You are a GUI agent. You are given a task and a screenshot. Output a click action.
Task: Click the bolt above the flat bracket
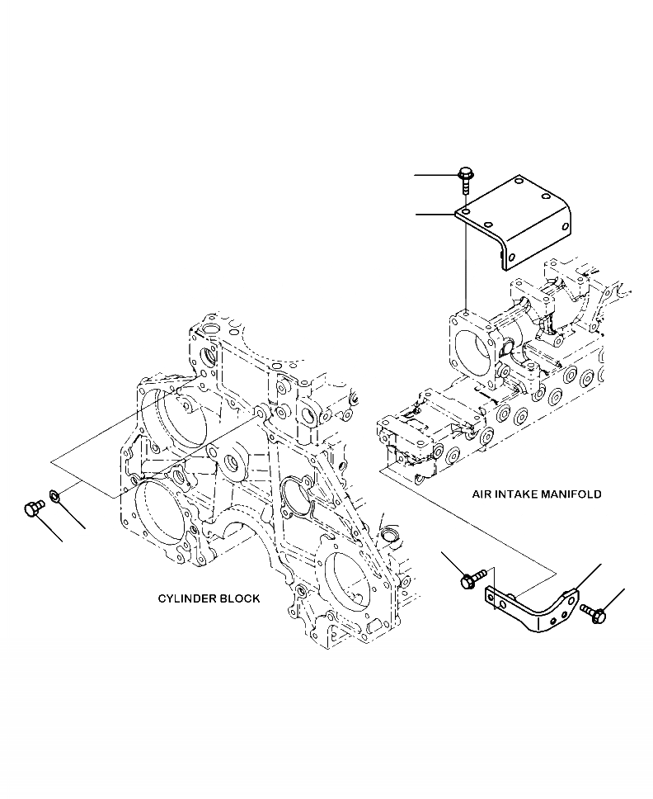[465, 177]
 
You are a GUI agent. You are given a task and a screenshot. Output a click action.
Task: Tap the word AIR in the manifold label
[482, 495]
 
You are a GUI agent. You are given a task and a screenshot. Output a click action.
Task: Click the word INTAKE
[516, 495]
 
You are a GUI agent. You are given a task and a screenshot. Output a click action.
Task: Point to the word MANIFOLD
[571, 495]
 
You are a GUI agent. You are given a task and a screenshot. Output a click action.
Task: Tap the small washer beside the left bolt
[55, 496]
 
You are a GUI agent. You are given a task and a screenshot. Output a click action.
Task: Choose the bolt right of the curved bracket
[594, 613]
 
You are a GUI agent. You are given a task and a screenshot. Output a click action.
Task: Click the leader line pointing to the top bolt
[435, 176]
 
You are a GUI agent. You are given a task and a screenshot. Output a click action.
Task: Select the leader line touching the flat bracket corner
[435, 214]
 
